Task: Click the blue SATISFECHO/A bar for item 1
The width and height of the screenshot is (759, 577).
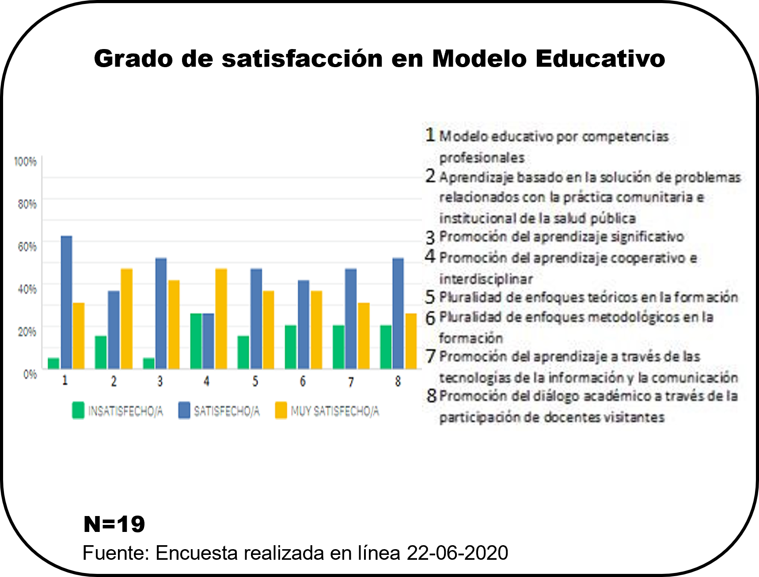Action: point(66,302)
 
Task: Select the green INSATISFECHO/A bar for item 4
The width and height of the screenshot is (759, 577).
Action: point(196,341)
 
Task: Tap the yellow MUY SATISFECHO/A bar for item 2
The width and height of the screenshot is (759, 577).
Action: point(126,319)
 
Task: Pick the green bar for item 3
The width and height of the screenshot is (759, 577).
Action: point(149,363)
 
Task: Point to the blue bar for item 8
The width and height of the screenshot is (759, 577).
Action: point(398,313)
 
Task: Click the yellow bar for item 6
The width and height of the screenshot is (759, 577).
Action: point(316,330)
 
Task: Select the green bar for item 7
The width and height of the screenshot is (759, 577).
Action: point(338,347)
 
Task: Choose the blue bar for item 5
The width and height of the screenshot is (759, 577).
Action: point(256,319)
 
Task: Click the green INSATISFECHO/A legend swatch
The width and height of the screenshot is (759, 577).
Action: point(78,410)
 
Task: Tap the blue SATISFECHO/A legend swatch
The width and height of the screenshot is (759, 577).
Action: point(184,410)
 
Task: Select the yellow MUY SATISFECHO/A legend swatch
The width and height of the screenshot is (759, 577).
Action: point(281,410)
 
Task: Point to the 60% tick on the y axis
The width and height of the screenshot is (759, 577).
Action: point(27,247)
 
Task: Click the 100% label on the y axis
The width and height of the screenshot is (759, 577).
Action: point(25,162)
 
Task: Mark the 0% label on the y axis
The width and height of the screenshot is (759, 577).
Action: point(30,375)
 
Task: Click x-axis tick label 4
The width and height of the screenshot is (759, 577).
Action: point(206,381)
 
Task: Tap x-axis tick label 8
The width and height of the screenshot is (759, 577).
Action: point(398,381)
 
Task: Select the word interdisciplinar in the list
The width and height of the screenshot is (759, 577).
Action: point(486,279)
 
